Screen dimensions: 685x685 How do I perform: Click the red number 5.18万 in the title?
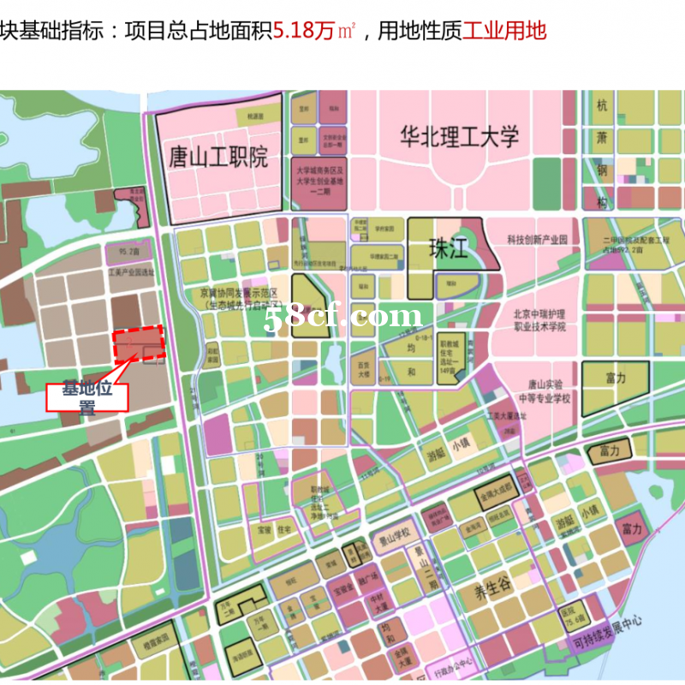pyautogui.click(x=305, y=33)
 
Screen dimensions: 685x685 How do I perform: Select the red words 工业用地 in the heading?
pyautogui.click(x=504, y=33)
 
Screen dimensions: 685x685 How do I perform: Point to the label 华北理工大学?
pyautogui.click(x=460, y=136)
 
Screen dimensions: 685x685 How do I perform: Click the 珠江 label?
pyautogui.click(x=448, y=249)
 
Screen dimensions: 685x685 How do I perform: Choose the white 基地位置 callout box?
pyautogui.click(x=86, y=398)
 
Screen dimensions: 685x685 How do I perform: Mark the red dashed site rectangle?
pyautogui.click(x=139, y=345)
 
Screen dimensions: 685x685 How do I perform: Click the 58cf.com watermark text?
pyautogui.click(x=342, y=318)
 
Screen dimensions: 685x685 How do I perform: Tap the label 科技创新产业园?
pyautogui.click(x=537, y=240)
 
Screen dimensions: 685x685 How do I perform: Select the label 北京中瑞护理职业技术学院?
pyautogui.click(x=539, y=320)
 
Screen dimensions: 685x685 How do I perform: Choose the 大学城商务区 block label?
pyautogui.click(x=321, y=177)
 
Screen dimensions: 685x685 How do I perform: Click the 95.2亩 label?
pyautogui.click(x=128, y=253)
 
